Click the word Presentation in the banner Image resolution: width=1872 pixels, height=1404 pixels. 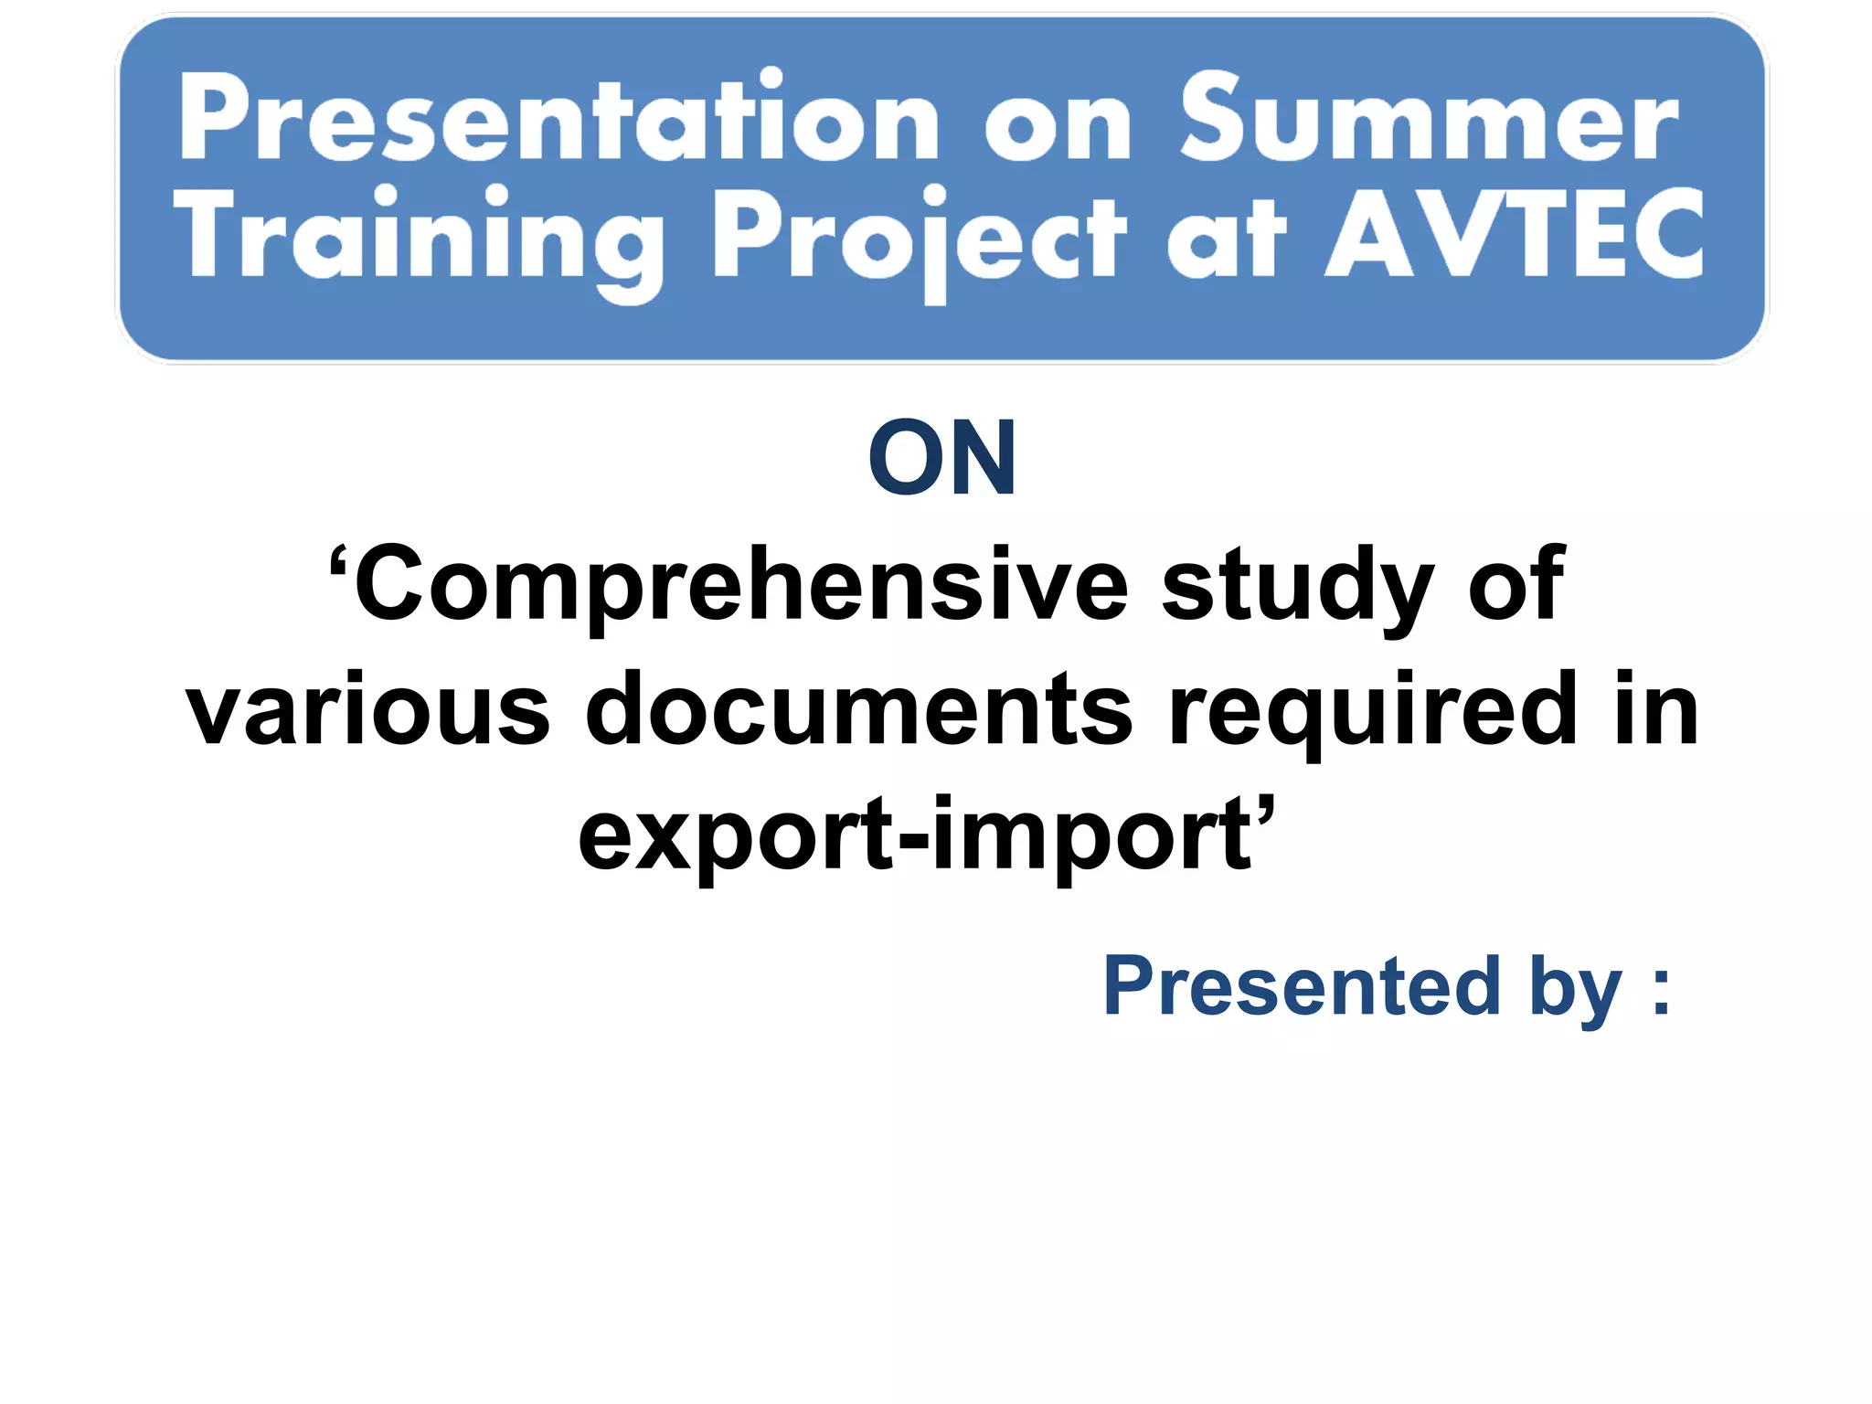coord(558,119)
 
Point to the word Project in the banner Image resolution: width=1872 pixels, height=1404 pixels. coord(919,239)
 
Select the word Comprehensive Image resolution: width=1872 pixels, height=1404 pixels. coord(740,585)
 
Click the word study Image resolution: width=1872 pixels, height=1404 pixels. coord(1297,585)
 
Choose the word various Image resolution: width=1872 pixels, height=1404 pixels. coord(367,709)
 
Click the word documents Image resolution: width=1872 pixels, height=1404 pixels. coord(858,709)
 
